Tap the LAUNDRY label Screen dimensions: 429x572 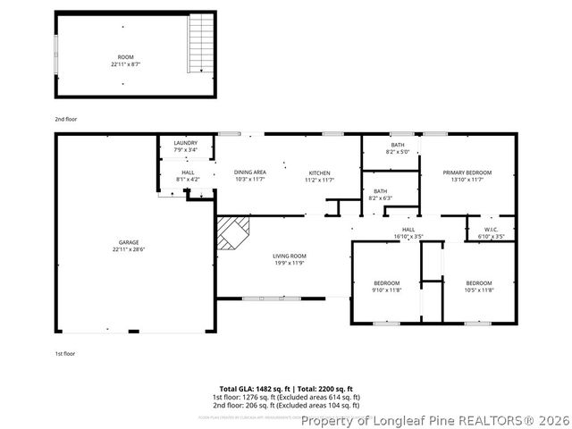(185, 143)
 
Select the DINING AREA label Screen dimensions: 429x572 (250, 172)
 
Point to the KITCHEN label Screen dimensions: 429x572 (320, 172)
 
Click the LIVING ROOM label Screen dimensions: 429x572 (290, 257)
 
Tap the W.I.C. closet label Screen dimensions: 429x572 (491, 230)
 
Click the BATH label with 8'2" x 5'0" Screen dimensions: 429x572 (398, 145)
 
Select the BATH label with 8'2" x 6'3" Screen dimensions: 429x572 (381, 190)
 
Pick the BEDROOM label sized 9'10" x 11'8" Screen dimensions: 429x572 (387, 282)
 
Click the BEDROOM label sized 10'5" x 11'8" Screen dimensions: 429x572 (479, 282)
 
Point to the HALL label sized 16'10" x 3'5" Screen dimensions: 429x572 (408, 230)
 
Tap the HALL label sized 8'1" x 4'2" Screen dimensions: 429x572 (188, 172)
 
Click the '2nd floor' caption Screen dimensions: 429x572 (64, 118)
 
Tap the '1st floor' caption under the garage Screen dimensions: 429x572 (64, 353)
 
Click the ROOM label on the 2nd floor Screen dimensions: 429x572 (125, 56)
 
